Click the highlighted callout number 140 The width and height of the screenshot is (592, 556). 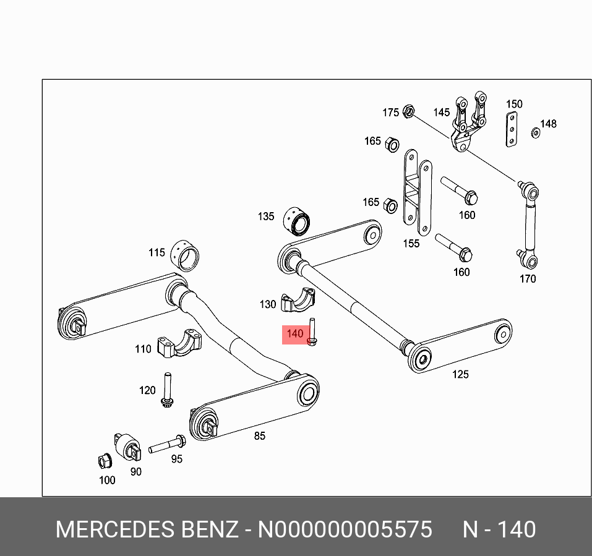(x=295, y=334)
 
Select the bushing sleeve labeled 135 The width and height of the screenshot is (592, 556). (x=299, y=221)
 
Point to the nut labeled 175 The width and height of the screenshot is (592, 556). (x=408, y=111)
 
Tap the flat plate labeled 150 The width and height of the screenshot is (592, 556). (x=512, y=130)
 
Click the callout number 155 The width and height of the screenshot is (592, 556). (x=411, y=243)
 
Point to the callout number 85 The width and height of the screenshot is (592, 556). (x=260, y=436)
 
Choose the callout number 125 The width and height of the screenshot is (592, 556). (x=460, y=374)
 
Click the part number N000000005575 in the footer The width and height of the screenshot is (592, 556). (x=345, y=530)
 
